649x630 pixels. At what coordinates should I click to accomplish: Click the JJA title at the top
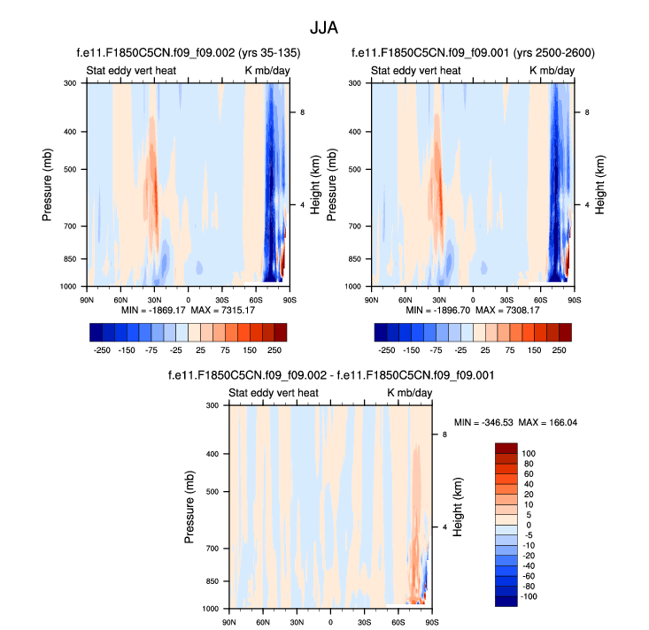click(324, 27)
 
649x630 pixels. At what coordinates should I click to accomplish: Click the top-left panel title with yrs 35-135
click(189, 53)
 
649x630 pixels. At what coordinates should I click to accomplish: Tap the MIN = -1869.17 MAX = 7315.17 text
click(189, 311)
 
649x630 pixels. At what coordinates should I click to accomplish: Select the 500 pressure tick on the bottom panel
click(212, 491)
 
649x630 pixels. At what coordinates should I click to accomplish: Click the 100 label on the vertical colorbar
click(528, 453)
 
